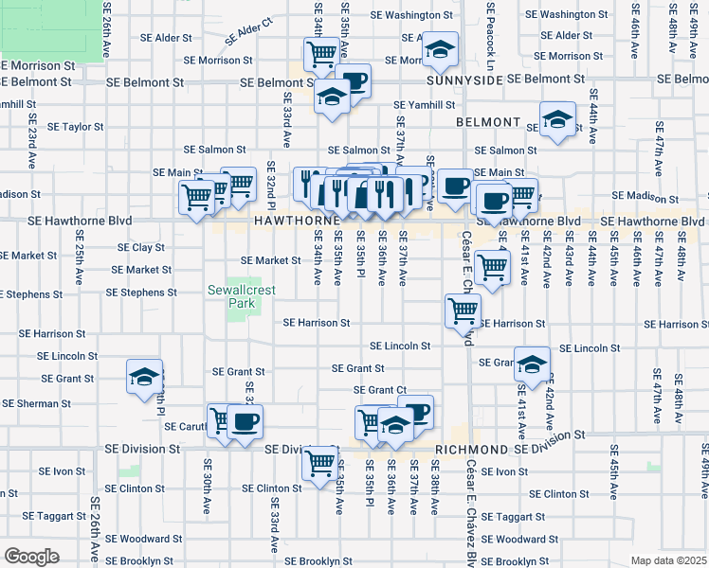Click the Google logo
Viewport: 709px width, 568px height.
point(31,557)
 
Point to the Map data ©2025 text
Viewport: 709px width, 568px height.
point(669,560)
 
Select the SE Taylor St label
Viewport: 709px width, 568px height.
point(75,126)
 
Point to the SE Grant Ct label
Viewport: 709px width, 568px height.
point(379,390)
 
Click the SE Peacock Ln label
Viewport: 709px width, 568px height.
point(490,36)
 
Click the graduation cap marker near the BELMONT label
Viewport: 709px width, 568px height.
point(558,119)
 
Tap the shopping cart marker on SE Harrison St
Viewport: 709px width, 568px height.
point(464,310)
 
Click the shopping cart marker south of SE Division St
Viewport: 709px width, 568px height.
point(320,463)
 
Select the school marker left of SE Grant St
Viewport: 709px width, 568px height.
point(144,376)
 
